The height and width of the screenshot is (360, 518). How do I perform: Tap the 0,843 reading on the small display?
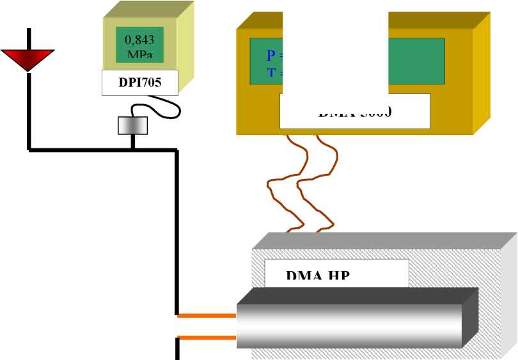139,40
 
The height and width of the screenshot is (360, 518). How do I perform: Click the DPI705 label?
140,82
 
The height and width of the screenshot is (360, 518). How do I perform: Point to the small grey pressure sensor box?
133,125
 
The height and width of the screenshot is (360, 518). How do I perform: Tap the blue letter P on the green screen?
271,56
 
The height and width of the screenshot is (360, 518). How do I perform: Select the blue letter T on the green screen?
271,72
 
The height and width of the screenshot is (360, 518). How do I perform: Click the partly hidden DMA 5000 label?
354,113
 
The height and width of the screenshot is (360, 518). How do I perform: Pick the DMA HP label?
319,276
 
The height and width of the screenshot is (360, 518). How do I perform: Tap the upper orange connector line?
207,315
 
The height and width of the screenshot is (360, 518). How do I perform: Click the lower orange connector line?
207,337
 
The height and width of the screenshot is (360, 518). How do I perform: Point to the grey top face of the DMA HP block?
384,240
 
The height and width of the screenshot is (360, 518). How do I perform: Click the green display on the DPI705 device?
139,44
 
